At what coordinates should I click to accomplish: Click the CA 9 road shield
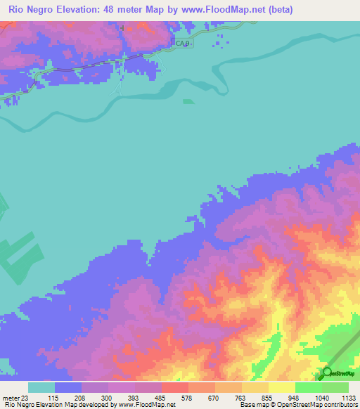tap(182, 44)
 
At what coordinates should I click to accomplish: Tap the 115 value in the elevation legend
tap(53, 397)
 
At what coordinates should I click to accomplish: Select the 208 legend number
tap(81, 397)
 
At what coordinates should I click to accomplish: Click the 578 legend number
tap(188, 397)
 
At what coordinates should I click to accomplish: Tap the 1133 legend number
tap(348, 397)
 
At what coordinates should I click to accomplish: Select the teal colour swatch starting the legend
tap(41, 387)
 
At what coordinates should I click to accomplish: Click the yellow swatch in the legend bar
tap(281, 387)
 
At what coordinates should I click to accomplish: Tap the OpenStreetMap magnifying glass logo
tap(326, 372)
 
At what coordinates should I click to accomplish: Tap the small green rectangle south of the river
tap(188, 101)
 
